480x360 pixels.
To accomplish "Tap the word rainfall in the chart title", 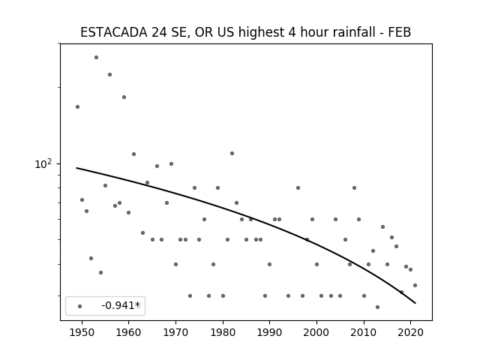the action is click(357, 32).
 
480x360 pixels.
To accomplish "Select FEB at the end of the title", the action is click(400, 32).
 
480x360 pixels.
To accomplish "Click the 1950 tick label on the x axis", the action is click(82, 332).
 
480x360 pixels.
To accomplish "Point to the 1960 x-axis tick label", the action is click(128, 332).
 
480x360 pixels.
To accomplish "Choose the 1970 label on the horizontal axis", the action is click(175, 332).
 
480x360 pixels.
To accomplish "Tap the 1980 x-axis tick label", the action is click(223, 332).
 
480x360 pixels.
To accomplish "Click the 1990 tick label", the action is click(269, 332).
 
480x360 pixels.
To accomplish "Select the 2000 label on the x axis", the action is click(316, 332).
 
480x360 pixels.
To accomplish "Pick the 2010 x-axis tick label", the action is click(363, 332).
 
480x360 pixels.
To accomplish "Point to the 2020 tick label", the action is click(410, 332).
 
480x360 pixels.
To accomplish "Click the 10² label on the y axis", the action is click(43, 164).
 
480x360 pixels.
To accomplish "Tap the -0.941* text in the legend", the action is click(121, 305).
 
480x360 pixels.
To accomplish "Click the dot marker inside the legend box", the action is click(80, 306).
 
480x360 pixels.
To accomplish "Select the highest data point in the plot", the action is click(96, 57).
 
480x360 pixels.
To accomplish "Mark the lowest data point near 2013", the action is click(377, 307).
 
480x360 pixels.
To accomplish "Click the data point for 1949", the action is click(77, 106).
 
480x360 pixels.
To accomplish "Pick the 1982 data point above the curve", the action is click(232, 153).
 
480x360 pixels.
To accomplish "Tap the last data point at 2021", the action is click(415, 285).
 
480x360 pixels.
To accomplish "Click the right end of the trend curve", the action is click(415, 303).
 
